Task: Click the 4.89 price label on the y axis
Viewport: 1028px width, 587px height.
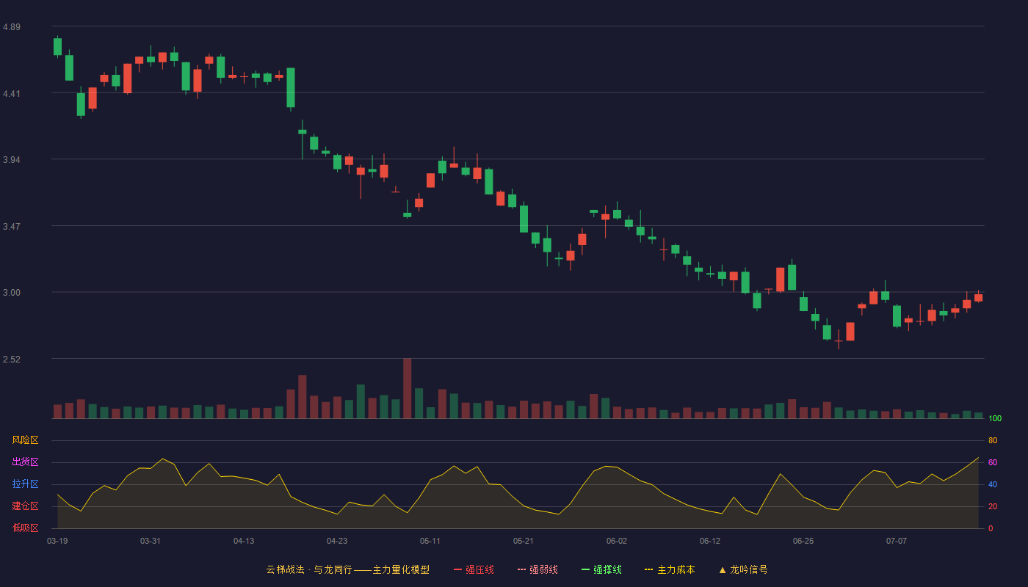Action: (12, 27)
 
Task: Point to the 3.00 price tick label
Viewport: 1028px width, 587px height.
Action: (12, 293)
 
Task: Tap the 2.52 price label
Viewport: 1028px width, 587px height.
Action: (12, 359)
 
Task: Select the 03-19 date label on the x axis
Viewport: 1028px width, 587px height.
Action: (57, 542)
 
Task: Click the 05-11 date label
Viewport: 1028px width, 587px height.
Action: (430, 542)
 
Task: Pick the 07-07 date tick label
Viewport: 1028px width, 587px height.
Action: (897, 542)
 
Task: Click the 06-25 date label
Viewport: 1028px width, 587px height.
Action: (803, 542)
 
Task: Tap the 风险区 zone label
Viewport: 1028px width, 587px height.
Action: (25, 440)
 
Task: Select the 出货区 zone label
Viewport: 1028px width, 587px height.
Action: (25, 462)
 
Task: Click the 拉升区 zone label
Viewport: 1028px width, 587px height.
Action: (25, 484)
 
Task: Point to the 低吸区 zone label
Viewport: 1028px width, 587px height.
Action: (25, 528)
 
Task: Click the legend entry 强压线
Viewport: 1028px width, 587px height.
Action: (474, 570)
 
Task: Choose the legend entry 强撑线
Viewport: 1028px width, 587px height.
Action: (601, 570)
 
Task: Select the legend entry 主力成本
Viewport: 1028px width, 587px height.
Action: (670, 570)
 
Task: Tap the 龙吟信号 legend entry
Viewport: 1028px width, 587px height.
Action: (743, 570)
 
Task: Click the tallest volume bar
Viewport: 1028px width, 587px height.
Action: (407, 388)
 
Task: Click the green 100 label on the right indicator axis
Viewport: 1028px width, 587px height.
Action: (995, 418)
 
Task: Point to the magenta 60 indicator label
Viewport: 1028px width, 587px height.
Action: (993, 462)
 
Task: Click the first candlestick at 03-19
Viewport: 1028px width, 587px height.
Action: (57, 46)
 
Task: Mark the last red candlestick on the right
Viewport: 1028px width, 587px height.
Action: (978, 297)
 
